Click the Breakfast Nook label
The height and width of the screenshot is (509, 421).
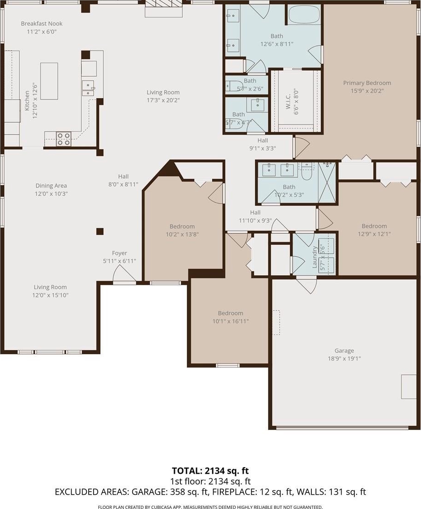41,24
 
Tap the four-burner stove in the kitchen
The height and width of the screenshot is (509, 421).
63,139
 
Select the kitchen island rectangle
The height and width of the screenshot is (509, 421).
49,81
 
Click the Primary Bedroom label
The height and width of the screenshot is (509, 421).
367,83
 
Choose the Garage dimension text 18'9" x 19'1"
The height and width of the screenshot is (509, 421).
344,359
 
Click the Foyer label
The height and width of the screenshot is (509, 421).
119,253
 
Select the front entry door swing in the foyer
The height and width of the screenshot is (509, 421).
124,274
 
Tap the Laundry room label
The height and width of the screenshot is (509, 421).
314,257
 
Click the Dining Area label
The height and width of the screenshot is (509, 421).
51,186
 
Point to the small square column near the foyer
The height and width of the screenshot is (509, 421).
100,232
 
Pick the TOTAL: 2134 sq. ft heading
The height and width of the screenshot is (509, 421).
210,471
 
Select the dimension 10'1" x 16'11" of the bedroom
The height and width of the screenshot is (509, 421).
230,322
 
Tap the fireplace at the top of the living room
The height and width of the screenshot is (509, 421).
164,8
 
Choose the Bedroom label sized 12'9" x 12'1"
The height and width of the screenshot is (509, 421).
374,226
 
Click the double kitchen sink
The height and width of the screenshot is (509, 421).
88,88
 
